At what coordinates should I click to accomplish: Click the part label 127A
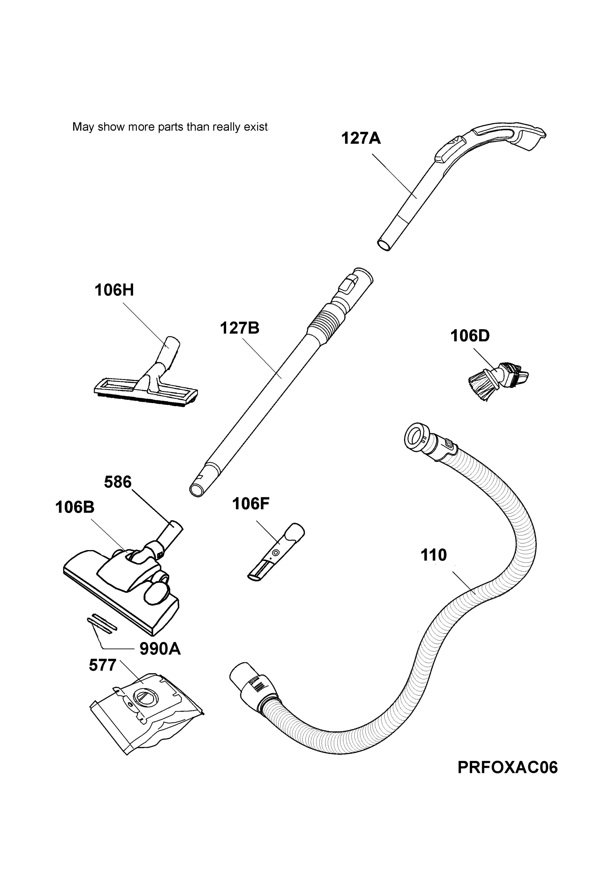point(361,138)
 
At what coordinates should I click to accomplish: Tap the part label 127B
point(240,328)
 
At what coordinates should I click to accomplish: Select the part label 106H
point(114,290)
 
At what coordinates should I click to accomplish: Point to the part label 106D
point(470,336)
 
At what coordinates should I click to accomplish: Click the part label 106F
point(251,504)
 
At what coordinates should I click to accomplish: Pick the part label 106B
point(75,507)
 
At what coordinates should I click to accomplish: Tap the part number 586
point(118,482)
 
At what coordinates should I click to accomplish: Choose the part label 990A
point(160,649)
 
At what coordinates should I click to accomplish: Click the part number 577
point(102,665)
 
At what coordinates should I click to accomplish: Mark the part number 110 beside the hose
point(434,555)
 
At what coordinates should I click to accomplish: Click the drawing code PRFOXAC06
point(507,767)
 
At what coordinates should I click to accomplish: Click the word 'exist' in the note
point(256,127)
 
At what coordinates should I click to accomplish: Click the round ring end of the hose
point(416,437)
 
